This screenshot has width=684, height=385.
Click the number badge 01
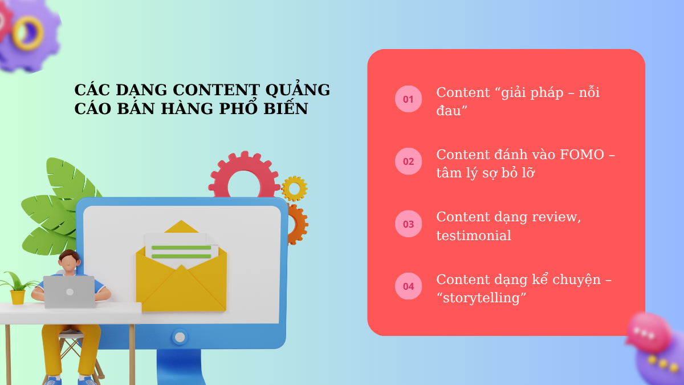point(408,99)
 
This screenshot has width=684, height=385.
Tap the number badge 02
point(408,161)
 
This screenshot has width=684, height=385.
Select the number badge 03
point(408,224)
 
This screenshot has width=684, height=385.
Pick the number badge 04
point(408,286)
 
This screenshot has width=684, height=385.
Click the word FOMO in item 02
point(582,155)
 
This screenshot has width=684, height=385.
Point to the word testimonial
point(474,236)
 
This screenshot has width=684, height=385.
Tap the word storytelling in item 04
point(482,298)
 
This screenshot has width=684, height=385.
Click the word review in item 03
point(556,217)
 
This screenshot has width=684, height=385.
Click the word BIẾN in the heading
point(286,108)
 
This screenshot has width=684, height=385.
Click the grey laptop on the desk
point(69,292)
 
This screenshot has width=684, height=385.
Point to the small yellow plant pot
point(18,297)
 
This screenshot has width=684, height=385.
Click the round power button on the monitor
point(180,337)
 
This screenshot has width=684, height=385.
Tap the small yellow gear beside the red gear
point(294,189)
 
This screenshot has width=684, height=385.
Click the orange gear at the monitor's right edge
point(298,224)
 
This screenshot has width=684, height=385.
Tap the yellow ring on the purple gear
point(28,33)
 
